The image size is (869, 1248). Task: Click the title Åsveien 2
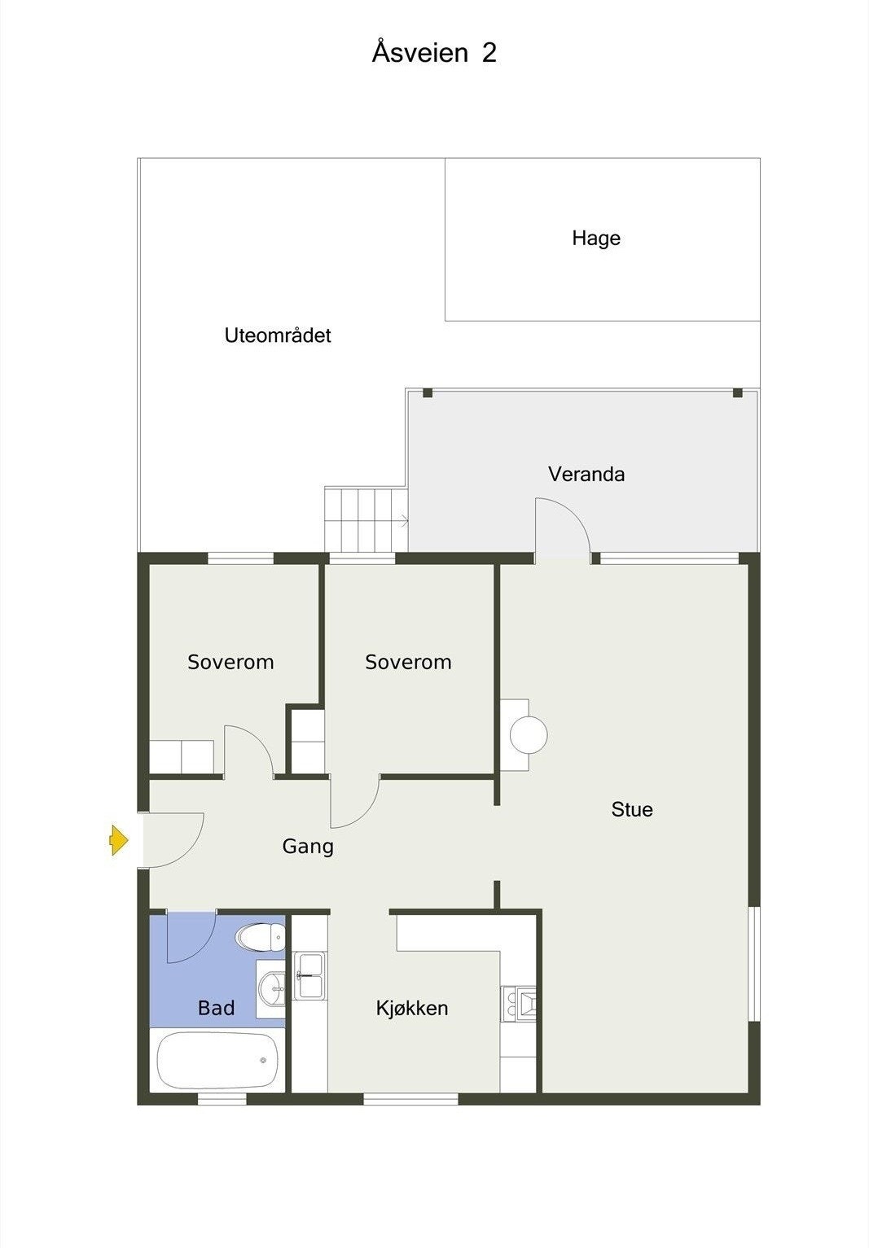click(434, 53)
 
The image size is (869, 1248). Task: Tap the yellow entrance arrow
click(119, 839)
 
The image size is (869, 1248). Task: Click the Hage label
click(595, 239)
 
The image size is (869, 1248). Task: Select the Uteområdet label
click(278, 335)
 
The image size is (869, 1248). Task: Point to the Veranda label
click(586, 475)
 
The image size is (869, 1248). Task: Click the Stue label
click(632, 809)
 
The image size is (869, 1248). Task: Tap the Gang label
click(308, 847)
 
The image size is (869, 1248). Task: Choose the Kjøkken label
click(412, 1009)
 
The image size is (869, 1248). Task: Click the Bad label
click(216, 1009)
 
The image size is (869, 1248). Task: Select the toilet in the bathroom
click(260, 937)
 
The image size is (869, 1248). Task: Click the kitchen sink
click(309, 975)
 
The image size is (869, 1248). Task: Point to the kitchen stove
click(519, 1004)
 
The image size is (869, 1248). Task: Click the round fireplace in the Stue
click(528, 735)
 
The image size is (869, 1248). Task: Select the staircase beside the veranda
click(365, 519)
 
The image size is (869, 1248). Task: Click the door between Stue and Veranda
click(562, 529)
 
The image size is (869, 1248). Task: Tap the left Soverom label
click(230, 663)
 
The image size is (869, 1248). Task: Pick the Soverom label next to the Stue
click(408, 663)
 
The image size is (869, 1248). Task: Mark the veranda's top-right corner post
click(738, 393)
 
